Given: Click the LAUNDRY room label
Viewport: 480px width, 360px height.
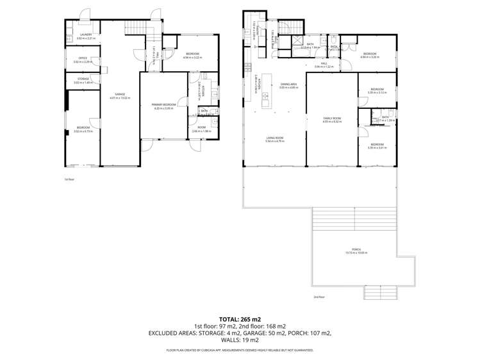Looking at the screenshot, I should coord(86,36).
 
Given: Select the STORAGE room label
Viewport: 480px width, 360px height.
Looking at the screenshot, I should coord(83,80).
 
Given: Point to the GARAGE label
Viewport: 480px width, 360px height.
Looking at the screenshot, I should coord(119,95).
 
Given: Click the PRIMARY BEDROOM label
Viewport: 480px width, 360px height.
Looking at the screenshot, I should coord(165,106).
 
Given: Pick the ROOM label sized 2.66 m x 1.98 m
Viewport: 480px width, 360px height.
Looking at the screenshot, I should coord(201,129).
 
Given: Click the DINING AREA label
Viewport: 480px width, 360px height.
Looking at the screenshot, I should coord(288,85).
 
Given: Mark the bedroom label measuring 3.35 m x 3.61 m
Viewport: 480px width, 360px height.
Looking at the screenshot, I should coord(377,146).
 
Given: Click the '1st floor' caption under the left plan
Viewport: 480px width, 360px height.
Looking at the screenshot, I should coord(70,179).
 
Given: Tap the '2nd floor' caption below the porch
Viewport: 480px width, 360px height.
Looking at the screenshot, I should coord(319,297).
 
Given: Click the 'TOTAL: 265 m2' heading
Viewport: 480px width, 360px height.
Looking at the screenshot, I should coord(240,318).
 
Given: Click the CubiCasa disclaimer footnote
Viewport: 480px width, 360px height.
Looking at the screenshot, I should coord(240,350).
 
